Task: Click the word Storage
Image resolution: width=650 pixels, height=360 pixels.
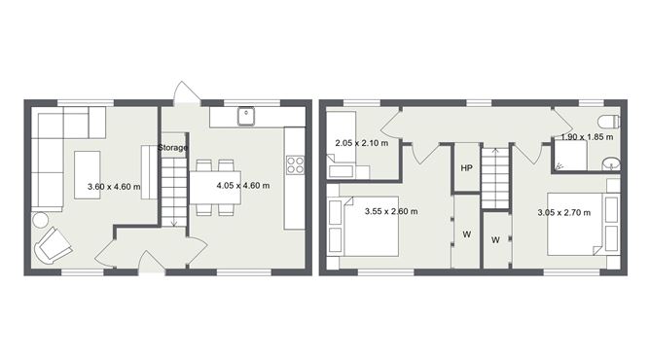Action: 173,147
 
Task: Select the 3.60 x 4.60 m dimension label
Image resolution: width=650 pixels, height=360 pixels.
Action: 114,187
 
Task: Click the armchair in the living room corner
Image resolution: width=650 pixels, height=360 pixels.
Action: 54,245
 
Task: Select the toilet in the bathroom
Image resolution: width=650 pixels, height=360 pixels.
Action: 606,122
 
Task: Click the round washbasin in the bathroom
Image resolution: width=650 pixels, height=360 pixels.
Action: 611,162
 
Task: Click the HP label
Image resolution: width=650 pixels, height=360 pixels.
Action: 466,168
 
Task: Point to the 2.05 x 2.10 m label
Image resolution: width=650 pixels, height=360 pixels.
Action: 361,144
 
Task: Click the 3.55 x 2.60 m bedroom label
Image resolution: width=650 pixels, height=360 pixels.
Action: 391,211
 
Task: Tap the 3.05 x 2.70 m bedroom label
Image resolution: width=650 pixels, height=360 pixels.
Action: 564,213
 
